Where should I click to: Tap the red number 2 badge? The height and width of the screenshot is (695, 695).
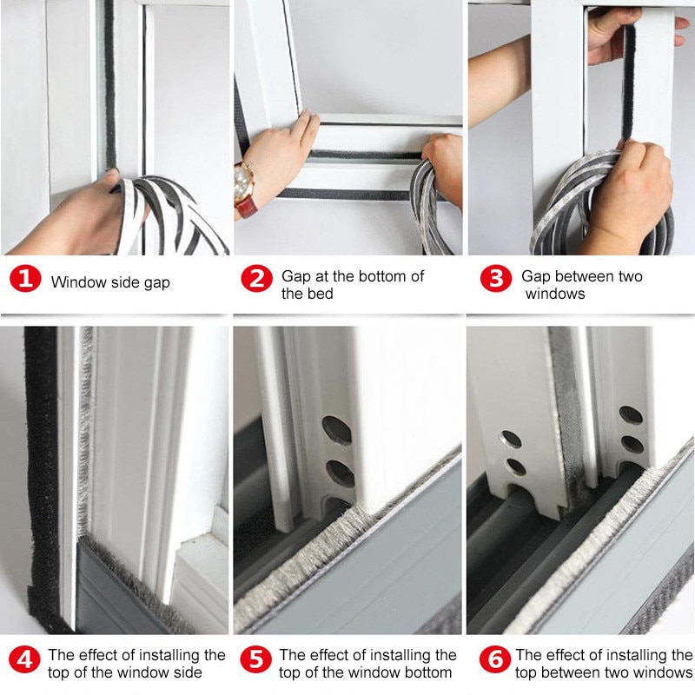[x=257, y=280]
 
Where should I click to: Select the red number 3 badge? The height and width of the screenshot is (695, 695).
[x=494, y=280]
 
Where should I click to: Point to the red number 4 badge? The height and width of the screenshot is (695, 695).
[x=25, y=659]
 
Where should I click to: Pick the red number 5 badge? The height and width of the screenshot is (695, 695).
[x=256, y=659]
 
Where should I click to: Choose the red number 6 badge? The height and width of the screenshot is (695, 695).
[x=495, y=659]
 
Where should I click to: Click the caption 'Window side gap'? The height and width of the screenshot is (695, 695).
[x=110, y=281]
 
